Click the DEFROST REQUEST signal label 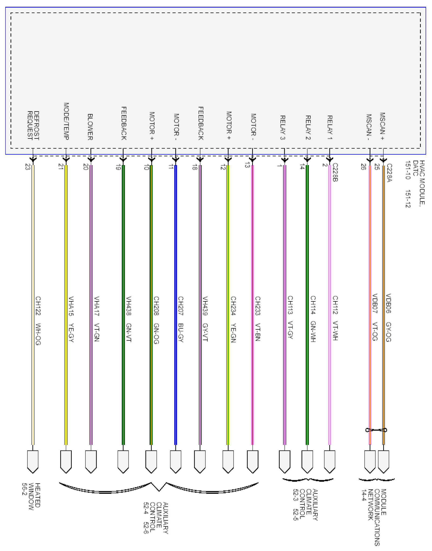click(x=33, y=125)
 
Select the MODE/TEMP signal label click(x=66, y=121)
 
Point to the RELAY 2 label click(x=308, y=127)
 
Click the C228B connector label click(x=335, y=172)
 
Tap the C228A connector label click(x=389, y=173)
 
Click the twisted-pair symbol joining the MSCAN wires click(x=376, y=430)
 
